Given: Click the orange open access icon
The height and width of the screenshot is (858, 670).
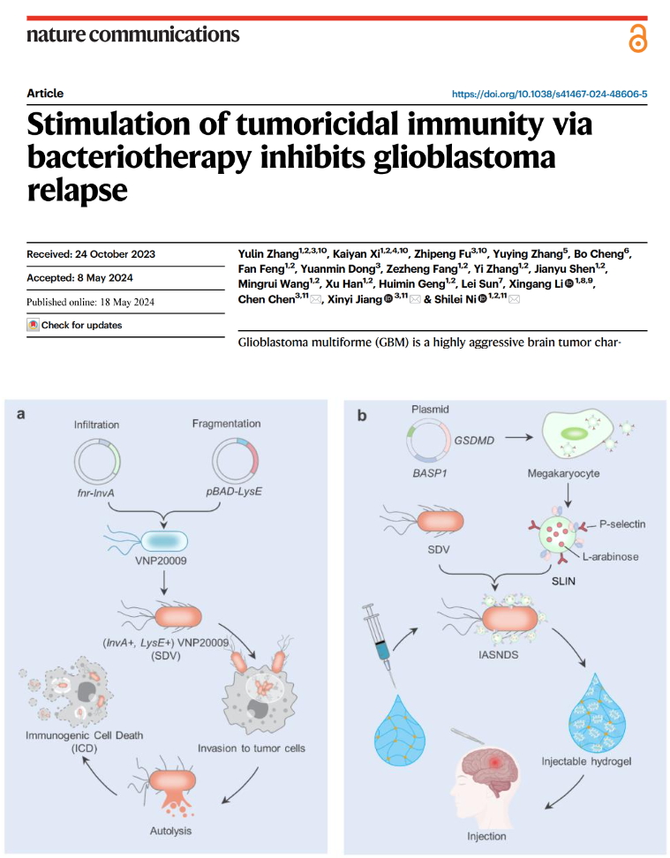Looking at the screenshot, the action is pos(637,38).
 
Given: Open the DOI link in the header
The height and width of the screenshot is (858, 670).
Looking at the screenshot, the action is pos(549,94).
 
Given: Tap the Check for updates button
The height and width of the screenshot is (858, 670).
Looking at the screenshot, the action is pos(74,325).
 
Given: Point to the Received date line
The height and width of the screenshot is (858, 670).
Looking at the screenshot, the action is pos(91,254).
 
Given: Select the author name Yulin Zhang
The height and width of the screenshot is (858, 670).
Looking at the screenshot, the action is pos(268,254).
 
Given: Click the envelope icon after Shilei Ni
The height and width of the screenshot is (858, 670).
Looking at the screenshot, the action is pos(514,298).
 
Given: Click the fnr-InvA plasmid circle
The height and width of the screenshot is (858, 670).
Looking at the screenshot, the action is pos(97,461).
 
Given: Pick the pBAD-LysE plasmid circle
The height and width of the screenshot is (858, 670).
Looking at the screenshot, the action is pos(235,461).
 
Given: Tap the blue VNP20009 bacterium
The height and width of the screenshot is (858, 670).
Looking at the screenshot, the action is pos(164,541).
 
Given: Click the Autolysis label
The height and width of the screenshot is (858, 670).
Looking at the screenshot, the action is pos(170,831).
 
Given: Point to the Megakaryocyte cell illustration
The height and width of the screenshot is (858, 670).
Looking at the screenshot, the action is pos(578,435).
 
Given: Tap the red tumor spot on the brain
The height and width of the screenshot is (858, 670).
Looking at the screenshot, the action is pos(496,761).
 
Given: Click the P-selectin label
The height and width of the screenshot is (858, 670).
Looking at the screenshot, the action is pos(621,524).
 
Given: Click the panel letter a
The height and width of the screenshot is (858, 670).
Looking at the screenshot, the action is pos(21,414).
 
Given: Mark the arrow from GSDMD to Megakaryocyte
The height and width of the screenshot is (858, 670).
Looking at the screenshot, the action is pos(519,437).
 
